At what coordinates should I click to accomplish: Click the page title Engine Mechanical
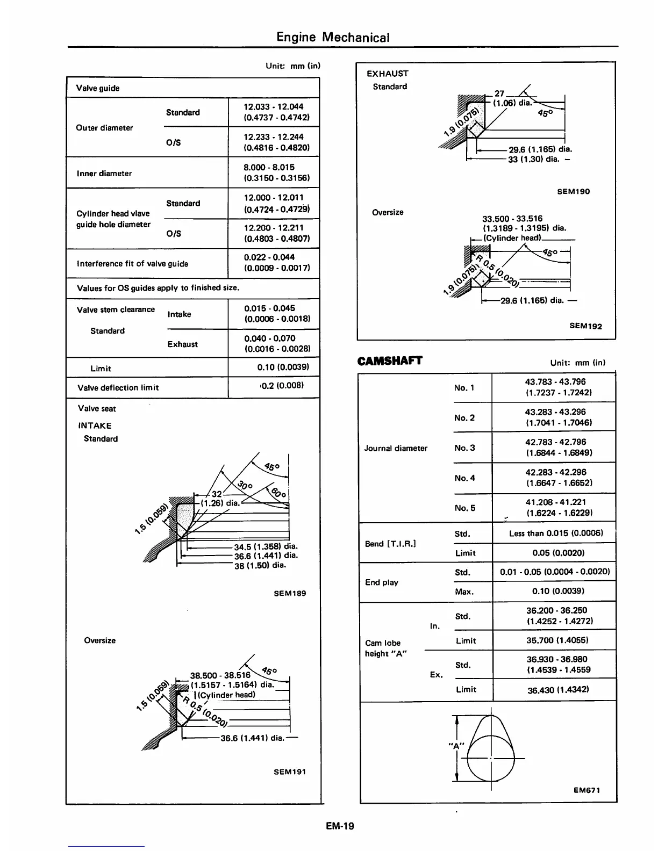[x=333, y=37]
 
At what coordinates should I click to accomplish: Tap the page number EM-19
[x=340, y=826]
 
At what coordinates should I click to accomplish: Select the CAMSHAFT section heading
[x=390, y=360]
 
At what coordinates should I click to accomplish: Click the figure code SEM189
[x=290, y=593]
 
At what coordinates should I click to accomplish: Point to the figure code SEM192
[x=586, y=326]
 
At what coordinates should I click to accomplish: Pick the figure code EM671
[x=586, y=790]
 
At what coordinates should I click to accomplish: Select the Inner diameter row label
[x=104, y=174]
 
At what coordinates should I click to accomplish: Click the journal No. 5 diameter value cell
[x=555, y=508]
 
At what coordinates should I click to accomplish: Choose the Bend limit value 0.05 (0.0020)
[x=558, y=553]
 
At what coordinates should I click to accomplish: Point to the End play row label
[x=382, y=582]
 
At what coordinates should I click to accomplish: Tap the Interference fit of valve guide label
[x=132, y=264]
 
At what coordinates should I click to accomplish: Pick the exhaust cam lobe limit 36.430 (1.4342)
[x=558, y=689]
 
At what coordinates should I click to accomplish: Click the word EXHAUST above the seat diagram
[x=387, y=74]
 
